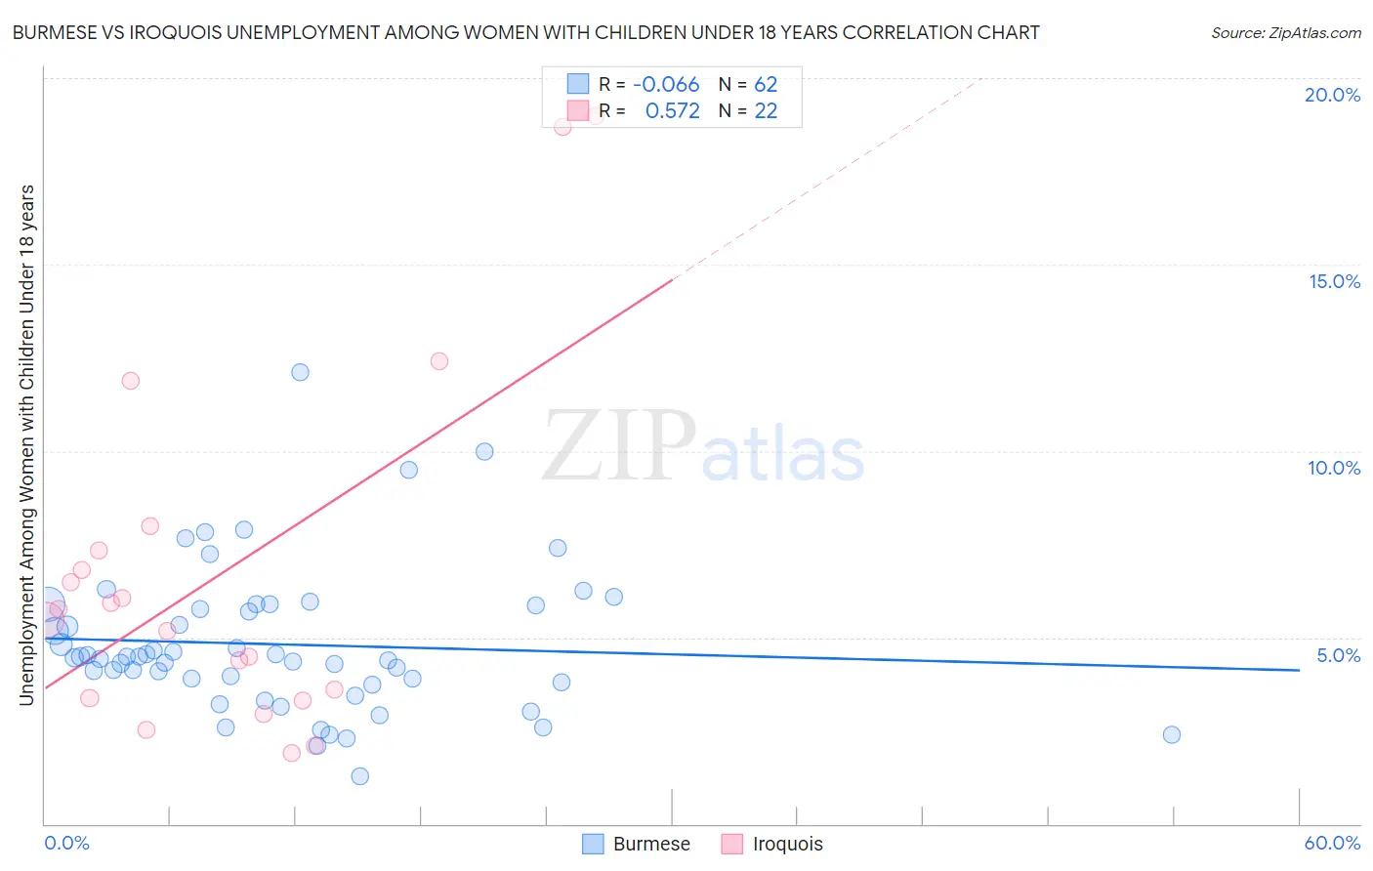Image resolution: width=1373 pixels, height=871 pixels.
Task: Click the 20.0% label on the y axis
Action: (1332, 95)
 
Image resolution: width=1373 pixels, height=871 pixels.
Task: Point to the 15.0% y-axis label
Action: (1334, 281)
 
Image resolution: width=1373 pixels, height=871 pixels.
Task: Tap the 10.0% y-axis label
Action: (1334, 468)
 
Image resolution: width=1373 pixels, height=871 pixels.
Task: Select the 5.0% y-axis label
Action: (1338, 655)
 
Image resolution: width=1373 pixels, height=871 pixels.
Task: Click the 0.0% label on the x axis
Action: (66, 843)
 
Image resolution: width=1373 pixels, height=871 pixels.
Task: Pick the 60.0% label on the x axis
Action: (1332, 843)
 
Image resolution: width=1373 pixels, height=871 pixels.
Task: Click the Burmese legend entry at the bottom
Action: (637, 844)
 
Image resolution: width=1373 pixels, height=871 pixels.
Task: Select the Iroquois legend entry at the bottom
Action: (772, 844)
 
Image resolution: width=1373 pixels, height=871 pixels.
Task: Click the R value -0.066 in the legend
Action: (666, 85)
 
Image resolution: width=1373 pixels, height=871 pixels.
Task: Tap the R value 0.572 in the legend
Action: (672, 111)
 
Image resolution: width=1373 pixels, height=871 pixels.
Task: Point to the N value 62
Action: (766, 85)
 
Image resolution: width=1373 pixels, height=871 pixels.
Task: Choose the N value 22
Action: (766, 111)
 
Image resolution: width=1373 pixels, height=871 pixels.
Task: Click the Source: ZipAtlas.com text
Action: (1285, 33)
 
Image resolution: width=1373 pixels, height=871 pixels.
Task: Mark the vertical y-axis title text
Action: (26, 444)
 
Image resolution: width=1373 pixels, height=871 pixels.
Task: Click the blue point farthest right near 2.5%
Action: (1172, 734)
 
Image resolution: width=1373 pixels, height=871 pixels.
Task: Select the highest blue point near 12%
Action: (300, 372)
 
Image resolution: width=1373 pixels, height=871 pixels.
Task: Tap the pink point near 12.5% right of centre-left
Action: (439, 361)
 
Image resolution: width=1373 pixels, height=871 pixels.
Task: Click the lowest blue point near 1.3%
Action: (359, 776)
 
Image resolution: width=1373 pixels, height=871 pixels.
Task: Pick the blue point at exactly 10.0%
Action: (484, 451)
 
